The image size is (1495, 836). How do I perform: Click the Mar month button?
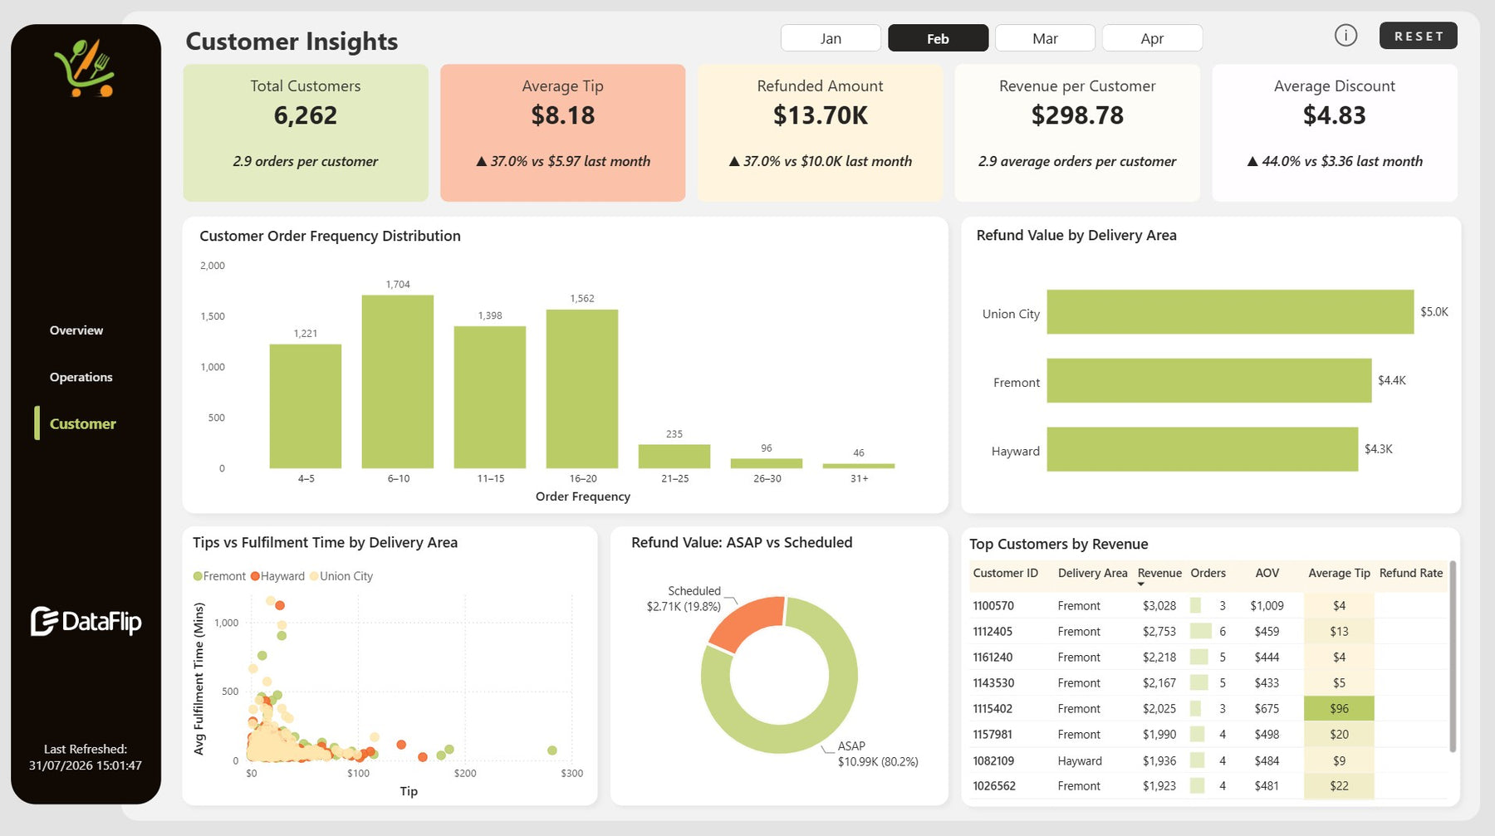[x=1045, y=38]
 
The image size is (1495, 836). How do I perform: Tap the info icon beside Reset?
[x=1345, y=36]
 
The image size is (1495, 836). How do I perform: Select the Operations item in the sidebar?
[x=81, y=377]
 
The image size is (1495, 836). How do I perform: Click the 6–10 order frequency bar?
[x=398, y=382]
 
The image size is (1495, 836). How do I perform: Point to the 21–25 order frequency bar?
[x=674, y=457]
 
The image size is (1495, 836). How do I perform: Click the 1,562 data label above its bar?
[x=582, y=298]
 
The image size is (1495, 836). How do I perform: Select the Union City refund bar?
[x=1230, y=312]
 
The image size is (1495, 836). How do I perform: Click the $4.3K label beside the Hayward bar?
[x=1379, y=449]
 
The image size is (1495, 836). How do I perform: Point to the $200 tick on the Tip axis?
[x=465, y=773]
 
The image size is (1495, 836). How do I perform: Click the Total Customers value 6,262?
[x=306, y=115]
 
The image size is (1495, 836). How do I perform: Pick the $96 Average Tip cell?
[x=1339, y=709]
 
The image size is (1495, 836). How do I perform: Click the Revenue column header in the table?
[x=1159, y=573]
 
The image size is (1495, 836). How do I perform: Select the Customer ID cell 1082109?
[x=994, y=760]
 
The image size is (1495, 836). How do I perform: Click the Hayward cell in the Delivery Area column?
[x=1080, y=760]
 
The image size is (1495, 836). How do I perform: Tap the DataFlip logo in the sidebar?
[x=86, y=621]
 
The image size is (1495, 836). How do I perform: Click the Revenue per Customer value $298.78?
[x=1077, y=115]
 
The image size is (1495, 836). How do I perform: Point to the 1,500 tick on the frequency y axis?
[x=213, y=316]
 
